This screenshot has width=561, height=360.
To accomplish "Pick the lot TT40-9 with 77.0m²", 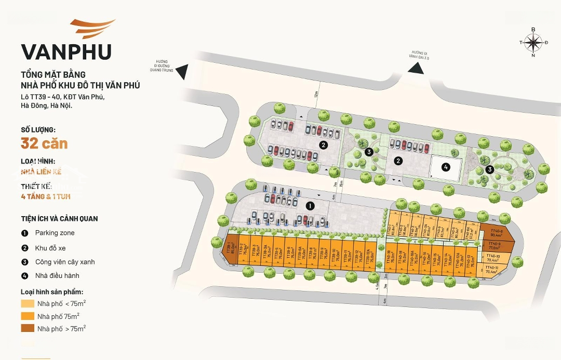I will tap(494, 246).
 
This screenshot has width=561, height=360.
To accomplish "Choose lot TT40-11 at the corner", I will tap(491, 269).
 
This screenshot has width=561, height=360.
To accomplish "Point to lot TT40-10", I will tap(493, 257).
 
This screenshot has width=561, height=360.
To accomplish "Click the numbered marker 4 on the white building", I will tap(446, 167).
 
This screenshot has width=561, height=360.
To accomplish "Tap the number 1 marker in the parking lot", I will tap(310, 206).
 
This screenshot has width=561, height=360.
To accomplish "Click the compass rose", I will tap(533, 42).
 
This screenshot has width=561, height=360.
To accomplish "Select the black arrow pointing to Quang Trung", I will tap(182, 72).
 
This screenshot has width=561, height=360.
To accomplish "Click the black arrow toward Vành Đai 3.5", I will tap(416, 68).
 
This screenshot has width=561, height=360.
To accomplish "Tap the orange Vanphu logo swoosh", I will tap(94, 29).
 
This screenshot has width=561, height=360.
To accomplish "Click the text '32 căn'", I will tap(44, 143).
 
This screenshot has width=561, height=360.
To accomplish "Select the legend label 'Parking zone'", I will tap(55, 233).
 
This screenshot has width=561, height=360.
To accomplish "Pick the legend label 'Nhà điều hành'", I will tap(57, 275).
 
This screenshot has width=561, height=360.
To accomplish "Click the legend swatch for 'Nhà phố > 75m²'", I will tap(28, 328).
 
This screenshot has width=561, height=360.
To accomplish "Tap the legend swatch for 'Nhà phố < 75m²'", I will tap(28, 303).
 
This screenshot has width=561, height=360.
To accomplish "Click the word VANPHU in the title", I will tap(66, 52).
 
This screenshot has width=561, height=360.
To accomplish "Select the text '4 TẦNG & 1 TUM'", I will tap(46, 197).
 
